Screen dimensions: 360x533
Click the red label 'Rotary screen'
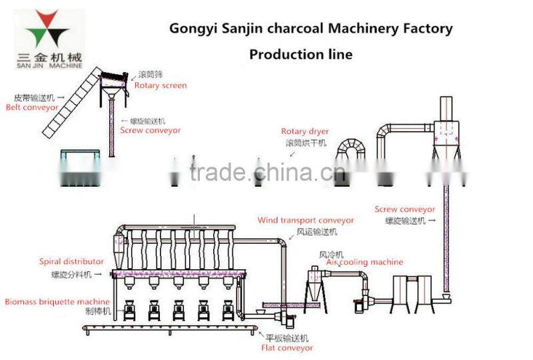click(x=161, y=85)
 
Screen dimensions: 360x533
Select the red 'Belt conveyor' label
click(x=32, y=107)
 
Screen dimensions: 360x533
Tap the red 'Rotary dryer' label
click(x=304, y=131)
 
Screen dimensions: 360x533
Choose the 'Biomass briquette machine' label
click(x=57, y=302)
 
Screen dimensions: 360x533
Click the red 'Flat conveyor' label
click(x=287, y=347)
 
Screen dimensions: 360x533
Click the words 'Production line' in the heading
click(x=300, y=54)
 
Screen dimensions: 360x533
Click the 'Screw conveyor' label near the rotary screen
click(x=150, y=131)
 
